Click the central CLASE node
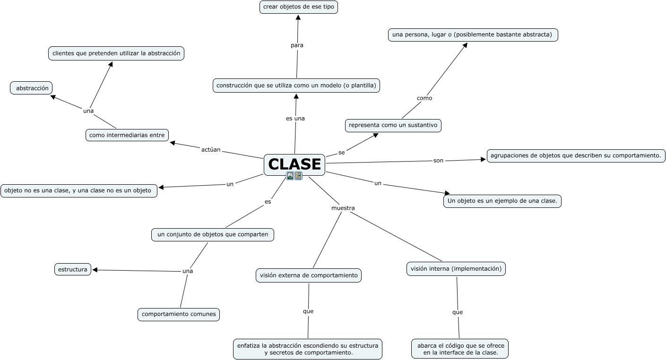click(x=294, y=164)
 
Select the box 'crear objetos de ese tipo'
click(x=299, y=7)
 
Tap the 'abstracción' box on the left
click(x=32, y=88)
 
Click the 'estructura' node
click(x=72, y=269)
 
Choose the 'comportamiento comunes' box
click(x=179, y=314)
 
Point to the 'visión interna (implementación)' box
click(x=456, y=269)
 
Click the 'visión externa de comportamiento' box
click(x=309, y=275)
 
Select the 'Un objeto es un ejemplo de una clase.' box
click(x=502, y=201)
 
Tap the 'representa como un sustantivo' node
click(x=393, y=125)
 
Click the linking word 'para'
click(x=297, y=45)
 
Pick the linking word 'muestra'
click(x=343, y=208)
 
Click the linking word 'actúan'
click(x=211, y=150)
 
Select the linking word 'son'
click(x=438, y=161)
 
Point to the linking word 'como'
click(x=424, y=98)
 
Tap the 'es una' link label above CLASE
click(x=295, y=119)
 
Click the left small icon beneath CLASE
click(x=290, y=176)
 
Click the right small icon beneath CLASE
click(x=298, y=176)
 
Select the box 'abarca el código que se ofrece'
click(x=460, y=349)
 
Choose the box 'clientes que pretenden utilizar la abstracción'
click(x=116, y=53)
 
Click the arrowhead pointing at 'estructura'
click(x=95, y=270)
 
